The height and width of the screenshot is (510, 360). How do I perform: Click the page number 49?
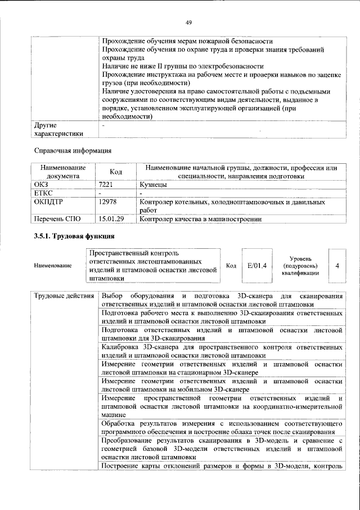point(189,23)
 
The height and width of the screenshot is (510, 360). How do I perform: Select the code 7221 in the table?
point(106,184)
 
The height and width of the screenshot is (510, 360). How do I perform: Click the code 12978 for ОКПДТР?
point(107,201)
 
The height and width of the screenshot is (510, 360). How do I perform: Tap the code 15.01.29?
point(111,218)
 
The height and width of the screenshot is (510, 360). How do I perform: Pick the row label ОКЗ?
point(42,184)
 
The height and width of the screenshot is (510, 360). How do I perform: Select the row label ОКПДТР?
point(49,201)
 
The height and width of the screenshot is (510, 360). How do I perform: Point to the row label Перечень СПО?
point(57,218)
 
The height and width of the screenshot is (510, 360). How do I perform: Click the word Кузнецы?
point(152,184)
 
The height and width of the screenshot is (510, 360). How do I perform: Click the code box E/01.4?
point(256,265)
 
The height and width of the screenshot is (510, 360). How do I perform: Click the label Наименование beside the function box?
point(53,265)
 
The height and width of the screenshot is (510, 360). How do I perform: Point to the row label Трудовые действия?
point(63,296)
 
